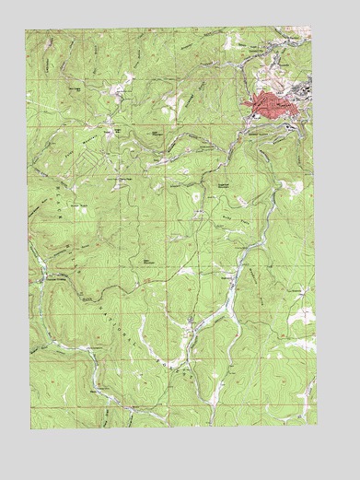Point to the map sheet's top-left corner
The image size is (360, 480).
(27, 29)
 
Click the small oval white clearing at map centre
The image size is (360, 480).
(195, 196)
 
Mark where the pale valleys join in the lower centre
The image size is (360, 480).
(189, 324)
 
